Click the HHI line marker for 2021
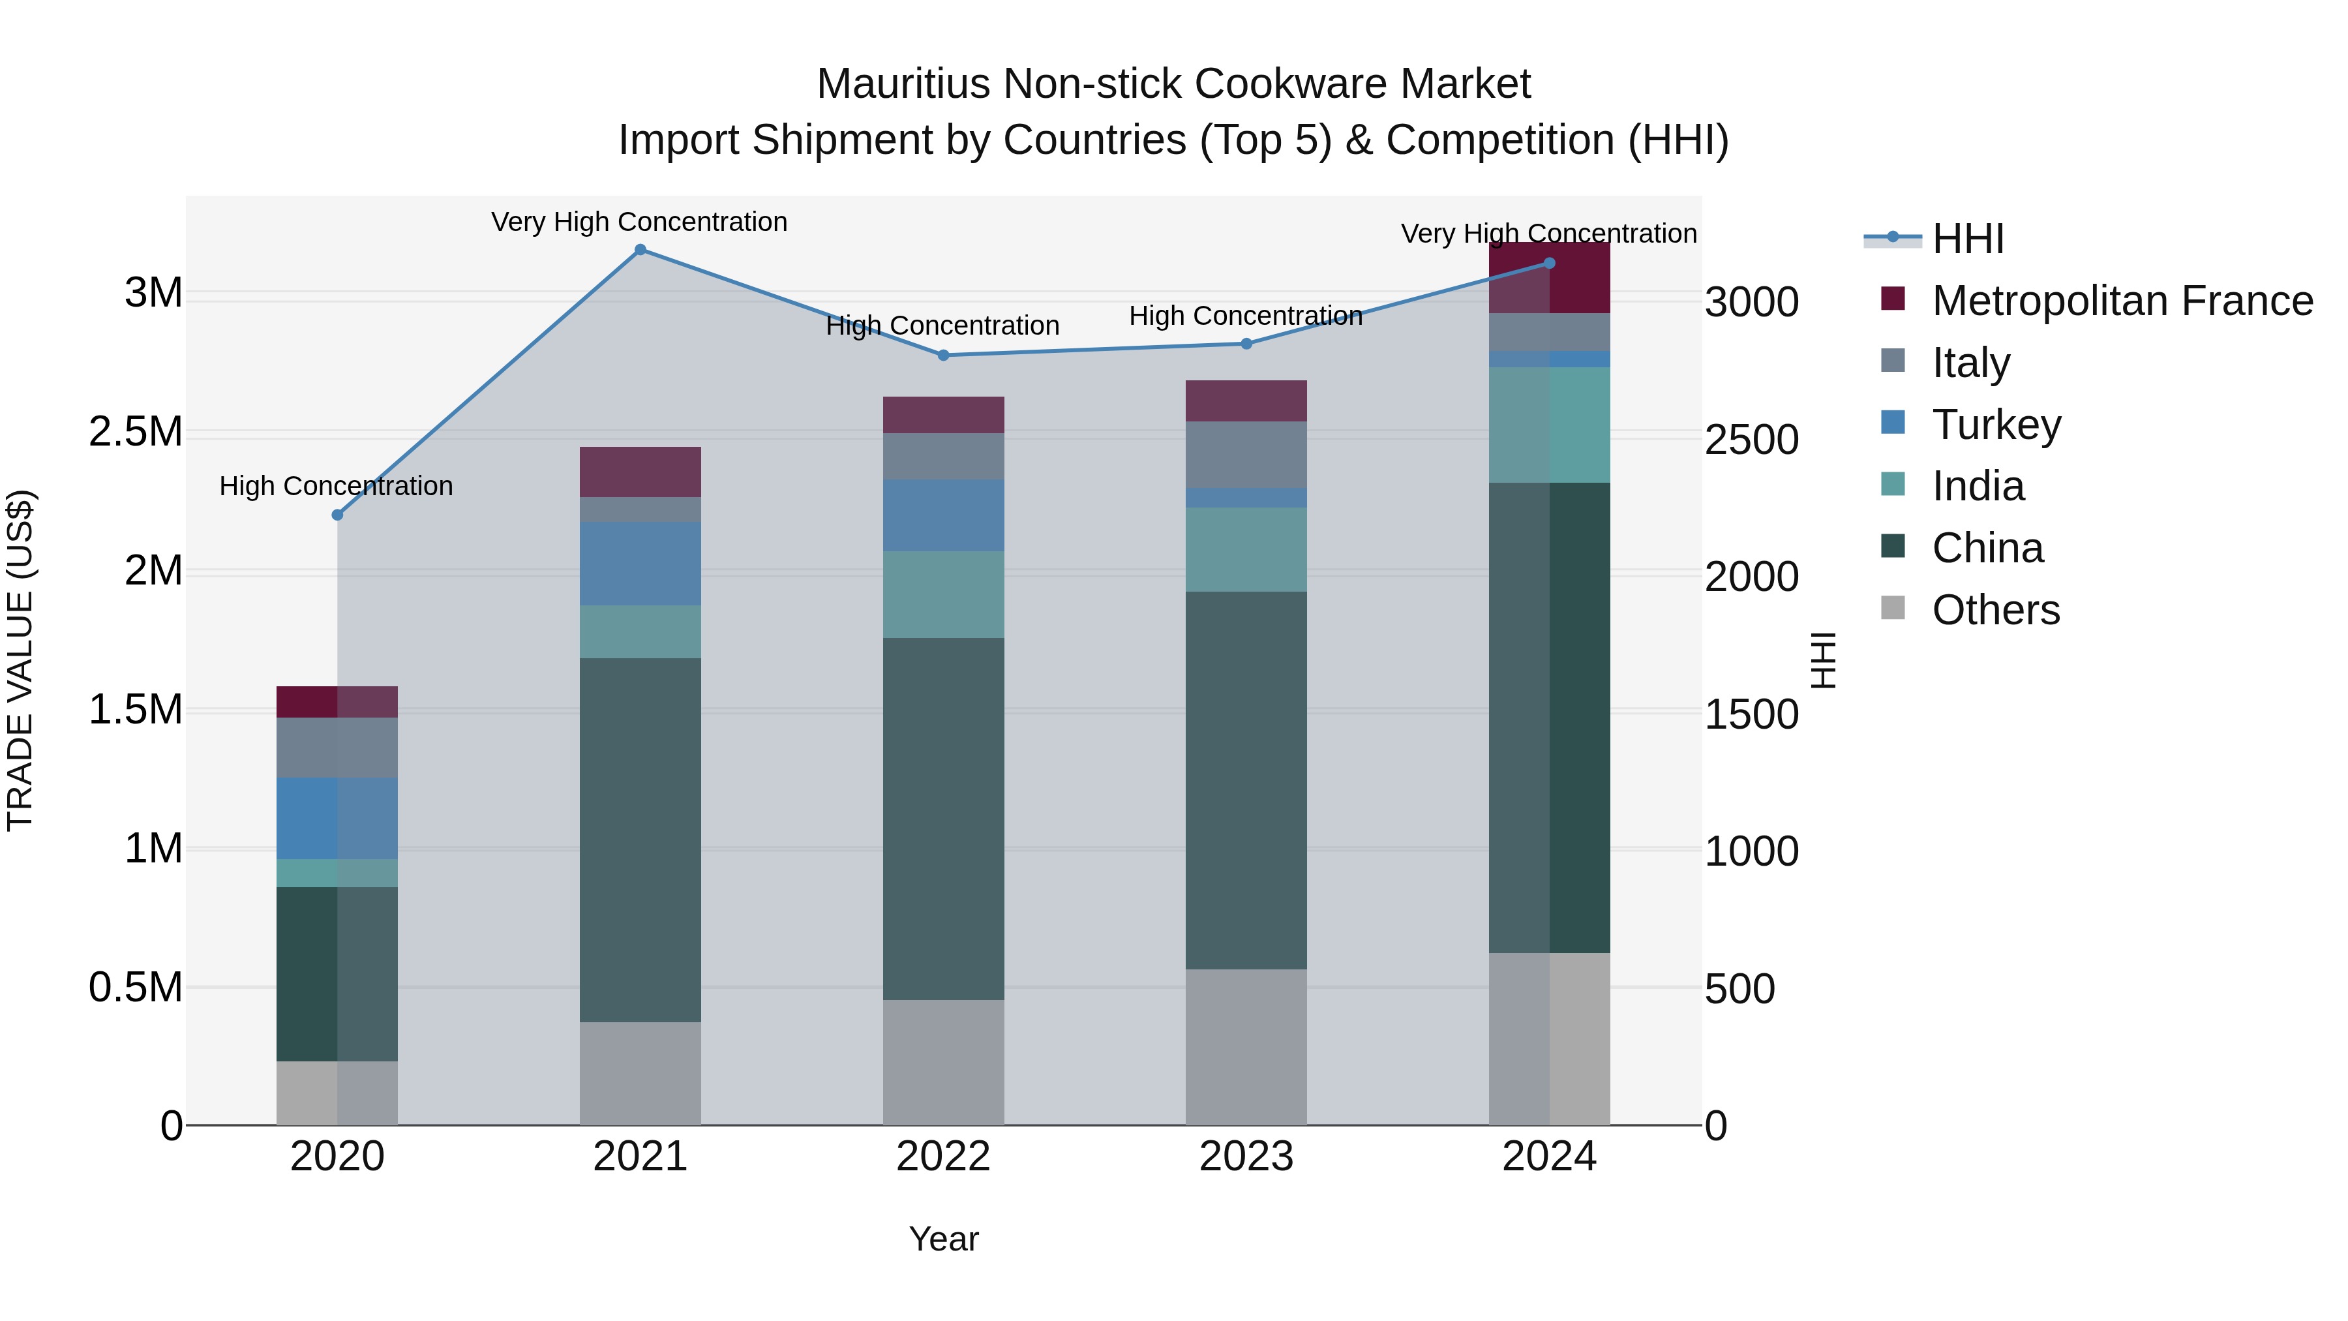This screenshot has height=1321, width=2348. point(640,250)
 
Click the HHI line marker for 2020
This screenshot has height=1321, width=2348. point(337,515)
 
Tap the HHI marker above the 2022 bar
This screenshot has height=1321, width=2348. point(943,356)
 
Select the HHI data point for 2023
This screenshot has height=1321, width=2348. point(1246,344)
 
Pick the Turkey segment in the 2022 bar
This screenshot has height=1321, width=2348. point(943,515)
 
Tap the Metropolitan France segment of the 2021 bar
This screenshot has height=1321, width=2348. point(640,472)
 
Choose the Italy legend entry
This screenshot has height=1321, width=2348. point(1970,362)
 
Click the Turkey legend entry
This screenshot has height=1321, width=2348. point(1996,424)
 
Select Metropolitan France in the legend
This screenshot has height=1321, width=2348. point(2122,300)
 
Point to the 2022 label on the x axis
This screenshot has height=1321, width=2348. point(943,1157)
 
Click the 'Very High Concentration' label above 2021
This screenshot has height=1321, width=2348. point(639,222)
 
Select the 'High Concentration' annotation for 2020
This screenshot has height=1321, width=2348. point(337,486)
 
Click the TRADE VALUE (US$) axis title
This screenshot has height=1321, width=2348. point(20,660)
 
